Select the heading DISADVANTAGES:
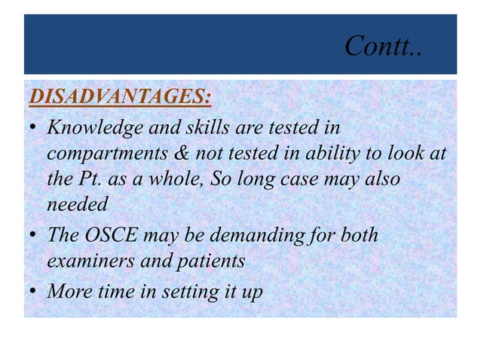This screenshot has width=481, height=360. point(119,97)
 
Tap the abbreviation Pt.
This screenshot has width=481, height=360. point(88,179)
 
